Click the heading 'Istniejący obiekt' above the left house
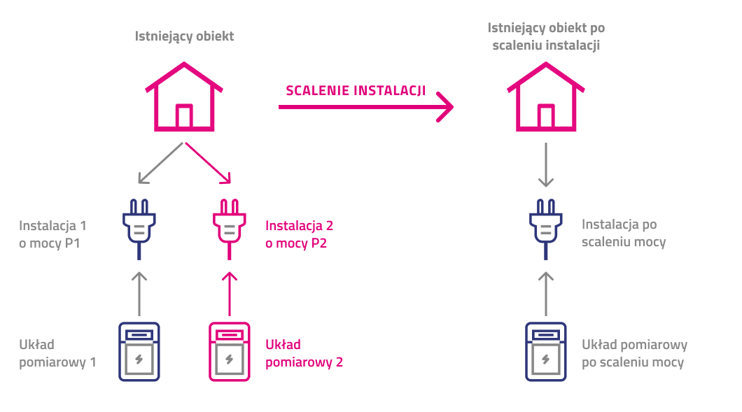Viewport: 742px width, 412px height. pos(184,36)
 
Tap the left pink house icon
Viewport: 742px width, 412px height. pos(184,97)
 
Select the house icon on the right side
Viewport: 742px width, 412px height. pos(545,97)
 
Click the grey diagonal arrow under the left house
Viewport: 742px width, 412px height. pos(160,164)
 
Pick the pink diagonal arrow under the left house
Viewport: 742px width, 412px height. pos(208,164)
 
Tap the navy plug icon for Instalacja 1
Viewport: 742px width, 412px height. pos(139,226)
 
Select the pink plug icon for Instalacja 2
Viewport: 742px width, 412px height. pos(228,226)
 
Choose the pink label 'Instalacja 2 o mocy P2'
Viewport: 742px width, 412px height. pos(300,234)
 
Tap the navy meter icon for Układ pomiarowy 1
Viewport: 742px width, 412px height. pos(139,351)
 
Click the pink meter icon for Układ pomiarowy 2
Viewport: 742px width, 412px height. pos(229,351)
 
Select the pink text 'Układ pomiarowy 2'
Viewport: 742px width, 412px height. pos(304,353)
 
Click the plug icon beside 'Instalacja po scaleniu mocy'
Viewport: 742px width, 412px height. pos(545,226)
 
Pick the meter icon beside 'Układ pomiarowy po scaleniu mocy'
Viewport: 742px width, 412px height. pos(545,351)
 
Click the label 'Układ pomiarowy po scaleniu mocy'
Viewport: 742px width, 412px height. pos(634,353)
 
